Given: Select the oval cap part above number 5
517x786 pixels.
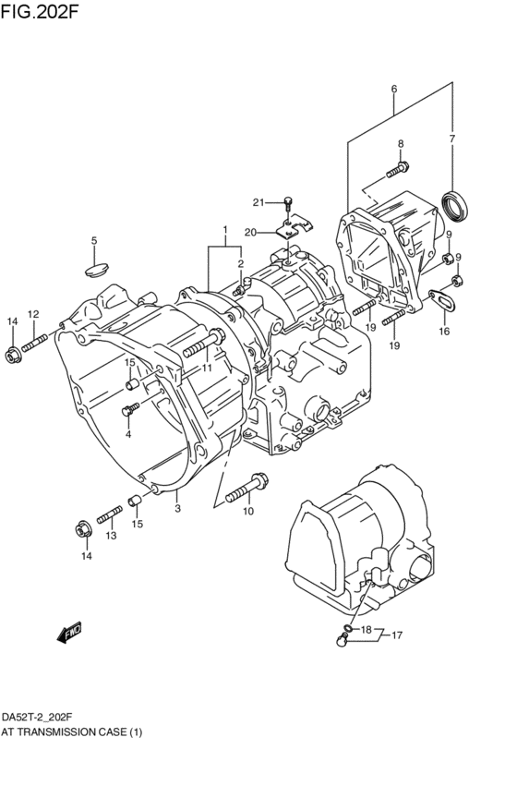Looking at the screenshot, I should click(x=94, y=268).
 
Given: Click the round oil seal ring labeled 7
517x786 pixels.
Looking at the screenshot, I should click(x=453, y=205).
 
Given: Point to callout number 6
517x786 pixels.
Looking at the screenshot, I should click(x=394, y=90).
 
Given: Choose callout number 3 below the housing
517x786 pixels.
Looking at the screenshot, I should click(x=177, y=507).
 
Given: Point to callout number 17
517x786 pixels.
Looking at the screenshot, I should click(x=397, y=635).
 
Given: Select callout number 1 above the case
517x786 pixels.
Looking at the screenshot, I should click(x=223, y=230).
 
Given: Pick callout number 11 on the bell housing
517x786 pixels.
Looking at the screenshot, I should click(x=208, y=368).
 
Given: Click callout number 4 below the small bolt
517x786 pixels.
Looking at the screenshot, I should click(x=128, y=434).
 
